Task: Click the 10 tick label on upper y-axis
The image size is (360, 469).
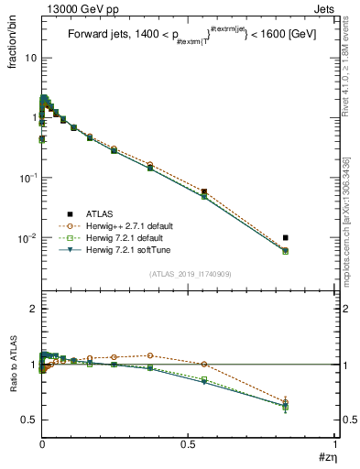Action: coord(30,58)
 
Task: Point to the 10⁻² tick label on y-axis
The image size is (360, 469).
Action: coord(27,238)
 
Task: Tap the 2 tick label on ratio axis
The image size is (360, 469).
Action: coord(33,310)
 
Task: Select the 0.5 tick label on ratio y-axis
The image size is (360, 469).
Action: coord(29,420)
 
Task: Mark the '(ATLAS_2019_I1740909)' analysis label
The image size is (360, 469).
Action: coord(188,274)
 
